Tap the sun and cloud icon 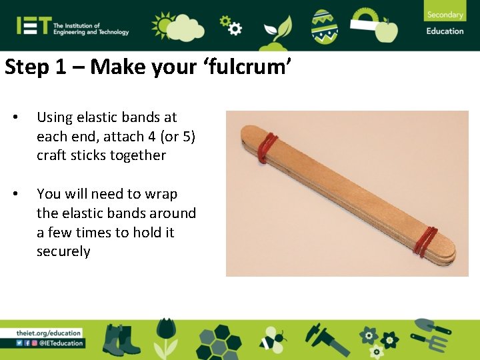pos(176,26)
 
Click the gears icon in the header pos(229,25)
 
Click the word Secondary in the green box pos(445,15)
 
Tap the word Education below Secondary pos(445,31)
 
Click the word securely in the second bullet pos(63,251)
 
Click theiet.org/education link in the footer pos(49,333)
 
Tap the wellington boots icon pos(122,339)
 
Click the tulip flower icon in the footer pos(165,337)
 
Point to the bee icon pos(271,339)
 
